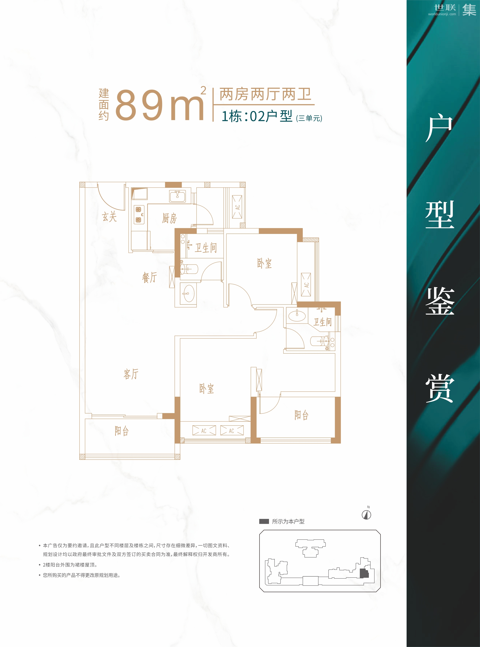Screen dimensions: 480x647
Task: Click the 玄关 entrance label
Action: [x=109, y=217]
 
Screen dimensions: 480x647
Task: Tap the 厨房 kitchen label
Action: [x=169, y=218]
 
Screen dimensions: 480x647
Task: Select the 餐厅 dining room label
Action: [x=149, y=277]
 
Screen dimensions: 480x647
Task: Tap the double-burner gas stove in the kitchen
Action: [x=139, y=215]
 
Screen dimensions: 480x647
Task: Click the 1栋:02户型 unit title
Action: [x=257, y=116]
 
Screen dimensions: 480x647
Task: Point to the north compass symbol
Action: [x=366, y=515]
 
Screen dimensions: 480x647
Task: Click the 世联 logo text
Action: [x=445, y=7]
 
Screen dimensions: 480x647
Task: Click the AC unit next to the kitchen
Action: [x=237, y=207]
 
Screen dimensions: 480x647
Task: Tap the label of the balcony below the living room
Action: [x=122, y=431]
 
